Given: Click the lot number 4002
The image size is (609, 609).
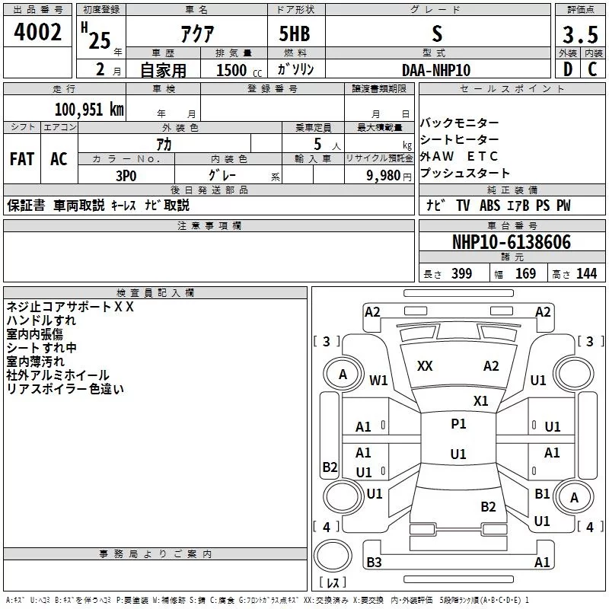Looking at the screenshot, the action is click(38, 33).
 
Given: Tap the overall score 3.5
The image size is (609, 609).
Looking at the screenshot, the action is click(579, 33).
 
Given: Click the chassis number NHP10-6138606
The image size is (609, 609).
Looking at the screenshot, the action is click(511, 243).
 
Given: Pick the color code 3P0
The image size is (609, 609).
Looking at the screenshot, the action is click(126, 174).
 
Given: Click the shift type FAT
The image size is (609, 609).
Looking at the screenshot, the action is click(22, 159).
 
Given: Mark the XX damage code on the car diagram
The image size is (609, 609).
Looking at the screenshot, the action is click(425, 366).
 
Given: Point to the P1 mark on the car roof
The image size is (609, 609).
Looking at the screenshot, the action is click(458, 424).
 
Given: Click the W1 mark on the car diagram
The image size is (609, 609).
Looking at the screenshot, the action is click(378, 380).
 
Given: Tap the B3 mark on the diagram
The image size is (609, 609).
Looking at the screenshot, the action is click(374, 563).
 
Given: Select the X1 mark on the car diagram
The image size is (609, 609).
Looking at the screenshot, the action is click(480, 401).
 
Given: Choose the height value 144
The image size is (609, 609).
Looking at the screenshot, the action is click(587, 274).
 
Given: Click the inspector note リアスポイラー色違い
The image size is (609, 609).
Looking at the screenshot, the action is click(65, 389).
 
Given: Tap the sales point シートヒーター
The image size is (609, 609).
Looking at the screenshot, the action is click(460, 140).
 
